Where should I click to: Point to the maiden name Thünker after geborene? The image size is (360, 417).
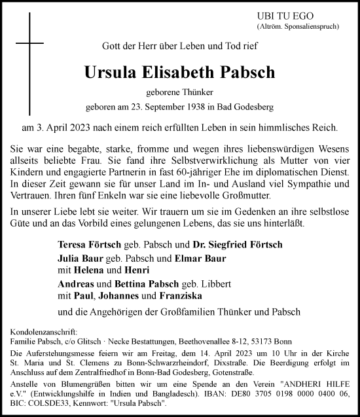click(198, 93)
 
